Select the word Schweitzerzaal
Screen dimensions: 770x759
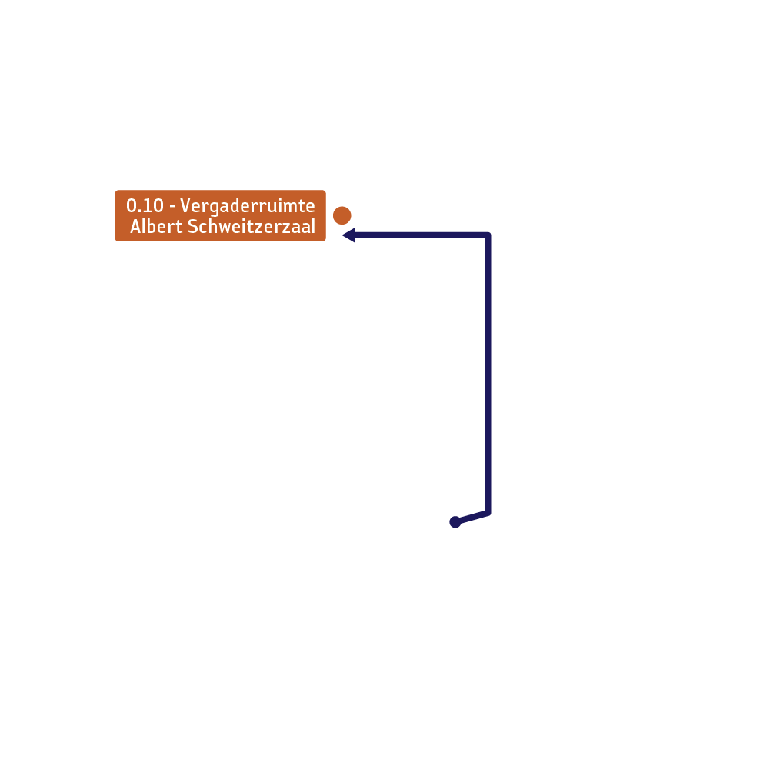[x=252, y=226]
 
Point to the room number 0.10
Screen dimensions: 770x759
[x=145, y=205]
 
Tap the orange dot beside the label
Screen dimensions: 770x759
[x=342, y=215]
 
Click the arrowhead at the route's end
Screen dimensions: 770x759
[x=348, y=235]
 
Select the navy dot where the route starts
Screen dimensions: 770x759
[x=455, y=522]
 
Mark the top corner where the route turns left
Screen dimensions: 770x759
[x=488, y=235]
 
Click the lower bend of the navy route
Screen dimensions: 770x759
[x=488, y=513]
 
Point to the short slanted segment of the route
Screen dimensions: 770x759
[x=472, y=518]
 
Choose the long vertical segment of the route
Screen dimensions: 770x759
[x=488, y=374]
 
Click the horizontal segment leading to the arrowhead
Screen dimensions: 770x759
[x=422, y=235]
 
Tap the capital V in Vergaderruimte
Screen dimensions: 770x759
[x=185, y=205]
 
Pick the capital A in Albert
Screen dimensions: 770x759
[x=136, y=226]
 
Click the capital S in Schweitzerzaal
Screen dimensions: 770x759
[x=192, y=226]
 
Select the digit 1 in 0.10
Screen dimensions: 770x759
[x=148, y=205]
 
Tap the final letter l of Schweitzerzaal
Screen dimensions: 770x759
[x=313, y=226]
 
